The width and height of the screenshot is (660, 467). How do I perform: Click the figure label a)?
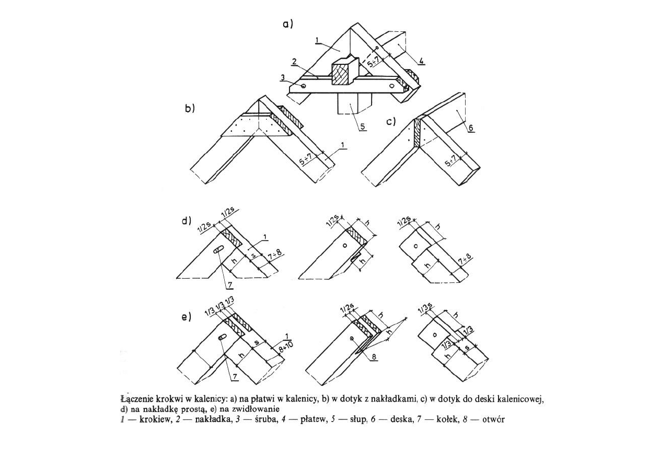point(288,24)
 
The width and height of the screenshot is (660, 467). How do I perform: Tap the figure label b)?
point(190,108)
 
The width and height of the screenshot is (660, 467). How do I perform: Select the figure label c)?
point(391,121)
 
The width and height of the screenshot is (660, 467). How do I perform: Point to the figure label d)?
point(186,221)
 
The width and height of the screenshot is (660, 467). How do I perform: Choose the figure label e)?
point(187,317)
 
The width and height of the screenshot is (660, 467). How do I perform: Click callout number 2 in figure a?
point(294,61)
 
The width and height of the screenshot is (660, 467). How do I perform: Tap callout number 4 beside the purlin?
point(422,61)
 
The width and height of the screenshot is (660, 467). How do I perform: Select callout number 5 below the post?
point(363,126)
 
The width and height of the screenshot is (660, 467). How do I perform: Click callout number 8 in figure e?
point(374,357)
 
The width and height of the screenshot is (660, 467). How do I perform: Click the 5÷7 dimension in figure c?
point(451,161)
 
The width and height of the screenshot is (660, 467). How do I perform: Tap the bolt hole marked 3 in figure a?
point(304,86)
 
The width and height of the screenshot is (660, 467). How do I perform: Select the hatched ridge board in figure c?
point(417,133)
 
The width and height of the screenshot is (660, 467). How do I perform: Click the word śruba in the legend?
point(267,419)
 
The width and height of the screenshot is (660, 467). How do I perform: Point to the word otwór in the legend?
point(493,419)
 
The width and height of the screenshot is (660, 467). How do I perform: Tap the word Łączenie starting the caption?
point(136,400)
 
